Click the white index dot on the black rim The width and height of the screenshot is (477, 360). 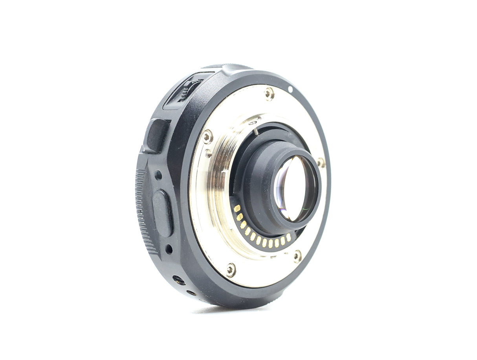tap(290, 90)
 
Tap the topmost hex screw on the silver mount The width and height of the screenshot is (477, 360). tap(269, 93)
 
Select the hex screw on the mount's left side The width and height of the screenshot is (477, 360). tap(207, 136)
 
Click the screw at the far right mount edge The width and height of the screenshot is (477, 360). tap(321, 162)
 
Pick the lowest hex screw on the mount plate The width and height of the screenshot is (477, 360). tap(231, 270)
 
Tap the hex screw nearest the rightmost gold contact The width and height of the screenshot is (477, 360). tap(297, 256)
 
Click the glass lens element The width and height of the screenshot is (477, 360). tap(293, 188)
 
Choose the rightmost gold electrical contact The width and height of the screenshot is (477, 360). tap(288, 237)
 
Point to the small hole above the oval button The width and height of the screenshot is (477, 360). tap(158, 175)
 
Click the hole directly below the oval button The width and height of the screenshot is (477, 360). tap(169, 249)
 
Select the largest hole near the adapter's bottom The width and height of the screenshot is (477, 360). tap(179, 280)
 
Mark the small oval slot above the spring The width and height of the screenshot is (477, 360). tap(253, 123)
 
